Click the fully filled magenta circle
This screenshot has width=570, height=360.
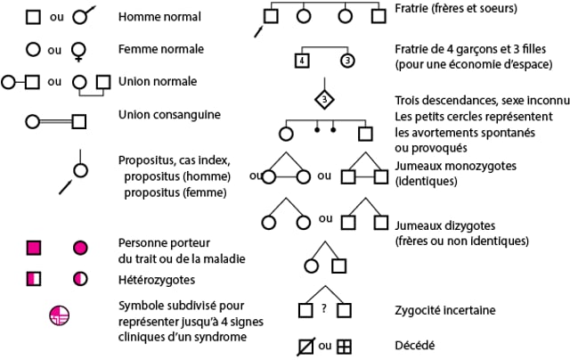pyautogui.click(x=80, y=247)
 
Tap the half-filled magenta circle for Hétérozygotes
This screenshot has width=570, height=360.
pyautogui.click(x=80, y=279)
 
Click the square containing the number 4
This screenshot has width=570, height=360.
pyautogui.click(x=302, y=61)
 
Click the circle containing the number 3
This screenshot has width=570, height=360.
pyautogui.click(x=347, y=61)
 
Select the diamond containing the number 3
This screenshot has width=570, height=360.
pyautogui.click(x=325, y=98)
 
